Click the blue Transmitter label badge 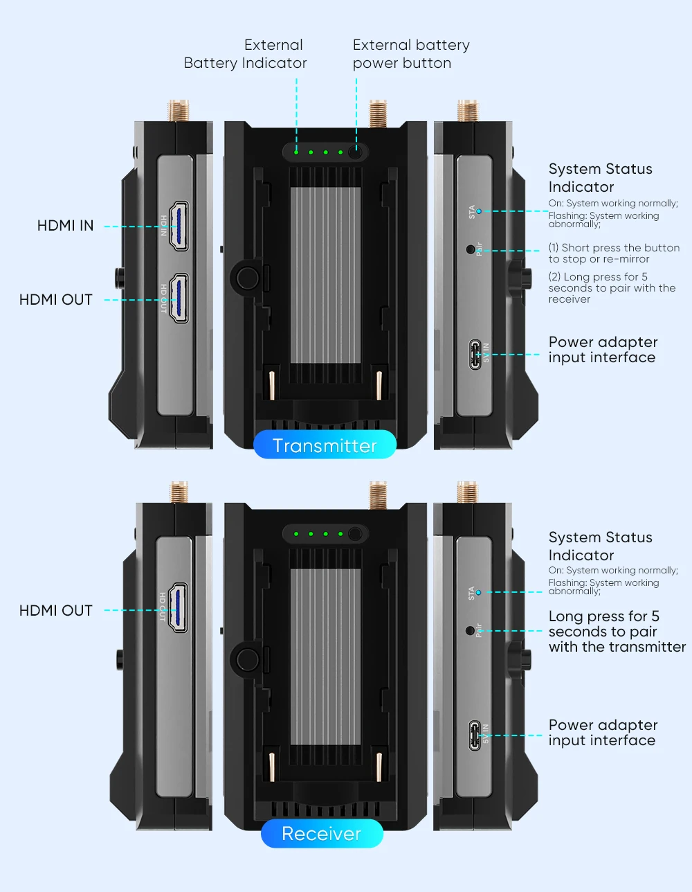[325, 445]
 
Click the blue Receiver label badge [322, 833]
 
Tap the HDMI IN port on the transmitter [179, 226]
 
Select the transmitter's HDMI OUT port [179, 298]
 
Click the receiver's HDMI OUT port [179, 607]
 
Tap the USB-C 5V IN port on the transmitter [475, 354]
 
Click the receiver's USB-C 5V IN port [475, 735]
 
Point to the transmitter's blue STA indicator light [478, 211]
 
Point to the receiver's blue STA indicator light [477, 592]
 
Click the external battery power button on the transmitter [356, 152]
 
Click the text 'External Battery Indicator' [246, 54]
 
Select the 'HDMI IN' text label [65, 226]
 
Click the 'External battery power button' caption [411, 54]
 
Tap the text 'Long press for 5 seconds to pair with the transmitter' [616, 632]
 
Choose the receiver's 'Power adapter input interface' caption [602, 733]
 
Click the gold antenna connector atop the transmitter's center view [378, 113]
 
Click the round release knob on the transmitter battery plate [247, 278]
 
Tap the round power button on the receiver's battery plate [356, 534]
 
